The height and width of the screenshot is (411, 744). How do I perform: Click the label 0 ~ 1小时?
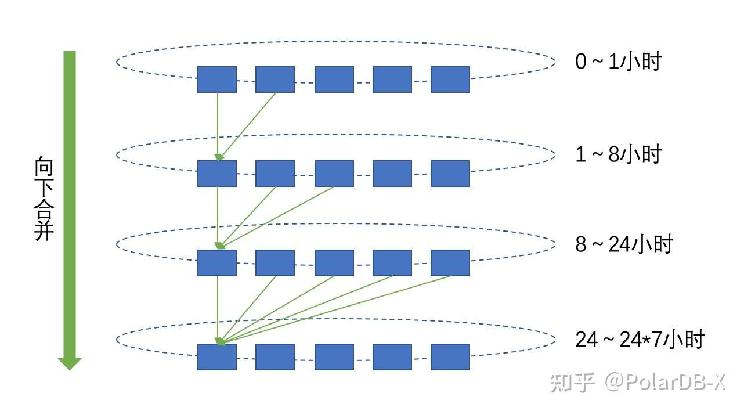pyautogui.click(x=618, y=61)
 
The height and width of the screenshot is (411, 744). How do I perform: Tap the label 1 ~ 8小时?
pyautogui.click(x=618, y=155)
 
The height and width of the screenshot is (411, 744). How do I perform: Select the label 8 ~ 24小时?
pyautogui.click(x=623, y=244)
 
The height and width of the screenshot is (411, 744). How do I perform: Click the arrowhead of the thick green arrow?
pyautogui.click(x=70, y=363)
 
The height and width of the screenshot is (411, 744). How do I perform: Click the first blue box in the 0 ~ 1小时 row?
pyautogui.click(x=217, y=80)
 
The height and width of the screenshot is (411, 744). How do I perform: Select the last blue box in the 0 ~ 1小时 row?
pyautogui.click(x=450, y=80)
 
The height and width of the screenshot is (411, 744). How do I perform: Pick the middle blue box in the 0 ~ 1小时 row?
pyautogui.click(x=334, y=80)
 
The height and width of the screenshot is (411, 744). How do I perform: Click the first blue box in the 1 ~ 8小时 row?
pyautogui.click(x=217, y=174)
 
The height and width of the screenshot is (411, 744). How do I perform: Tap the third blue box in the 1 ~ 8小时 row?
pyautogui.click(x=334, y=174)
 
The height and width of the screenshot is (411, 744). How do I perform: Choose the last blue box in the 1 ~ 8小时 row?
pyautogui.click(x=450, y=174)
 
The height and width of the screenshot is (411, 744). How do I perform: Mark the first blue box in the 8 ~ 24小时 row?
pyautogui.click(x=217, y=263)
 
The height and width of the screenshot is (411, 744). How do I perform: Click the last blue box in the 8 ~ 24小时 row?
pyautogui.click(x=450, y=263)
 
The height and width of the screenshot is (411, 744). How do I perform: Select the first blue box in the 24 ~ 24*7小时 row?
pyautogui.click(x=217, y=357)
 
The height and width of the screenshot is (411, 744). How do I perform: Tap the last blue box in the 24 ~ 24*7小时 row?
pyautogui.click(x=450, y=357)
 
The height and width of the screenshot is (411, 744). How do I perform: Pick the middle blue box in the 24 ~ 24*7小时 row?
pyautogui.click(x=334, y=357)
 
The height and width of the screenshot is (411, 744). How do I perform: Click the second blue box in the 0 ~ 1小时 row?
pyautogui.click(x=275, y=80)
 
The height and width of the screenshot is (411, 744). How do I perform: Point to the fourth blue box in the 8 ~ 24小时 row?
pyautogui.click(x=392, y=263)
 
